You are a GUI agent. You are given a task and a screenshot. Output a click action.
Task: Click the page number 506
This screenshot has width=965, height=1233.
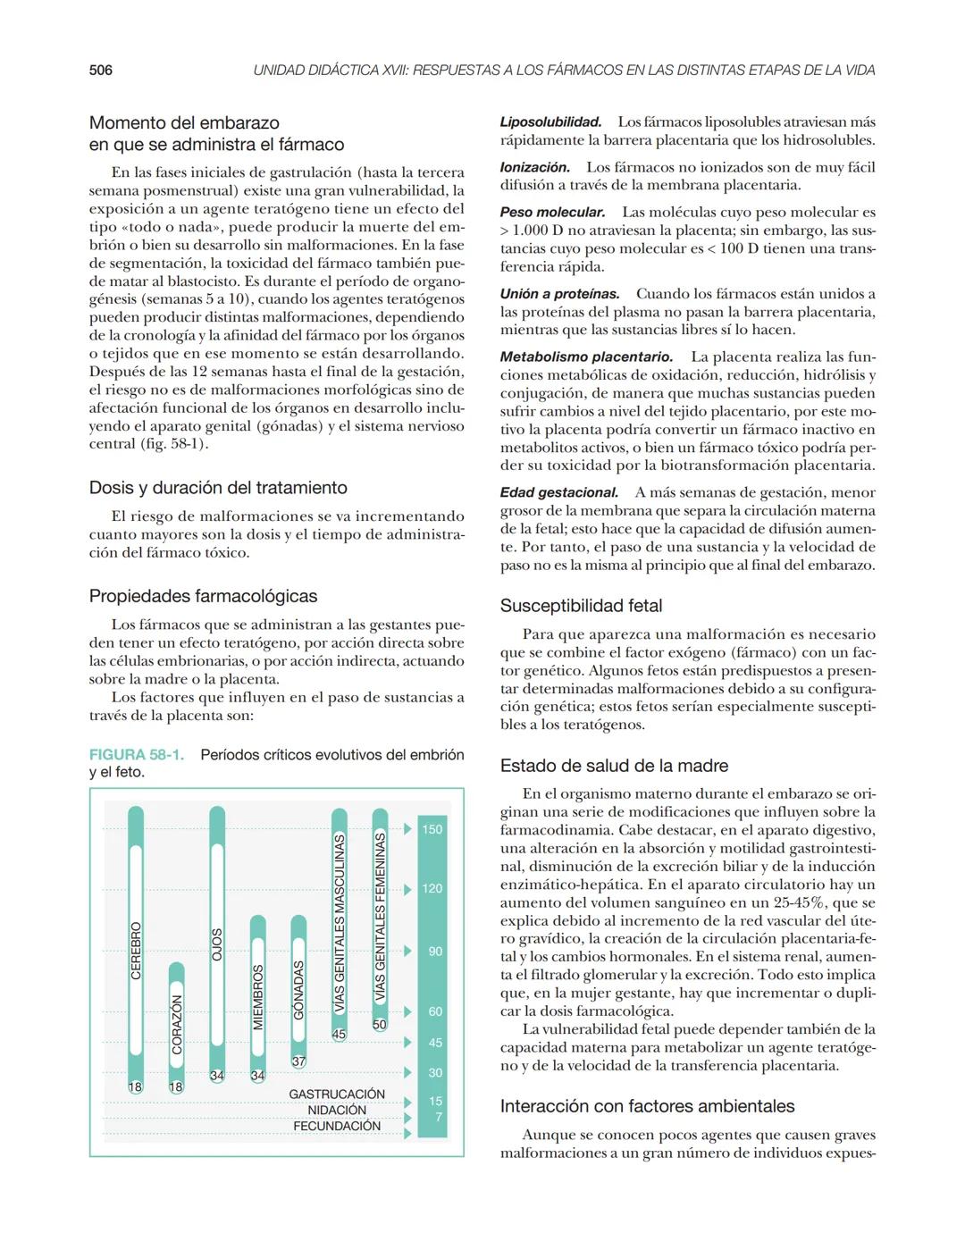[100, 70]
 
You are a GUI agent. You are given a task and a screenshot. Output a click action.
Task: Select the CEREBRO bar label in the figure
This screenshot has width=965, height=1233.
[136, 952]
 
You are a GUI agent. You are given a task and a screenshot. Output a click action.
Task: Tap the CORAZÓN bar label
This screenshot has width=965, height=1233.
[177, 1025]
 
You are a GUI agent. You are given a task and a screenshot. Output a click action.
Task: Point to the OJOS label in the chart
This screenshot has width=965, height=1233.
[217, 944]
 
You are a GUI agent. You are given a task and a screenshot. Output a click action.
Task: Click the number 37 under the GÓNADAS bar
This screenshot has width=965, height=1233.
[298, 1061]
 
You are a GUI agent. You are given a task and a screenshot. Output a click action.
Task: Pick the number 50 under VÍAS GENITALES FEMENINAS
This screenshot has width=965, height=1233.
[380, 1025]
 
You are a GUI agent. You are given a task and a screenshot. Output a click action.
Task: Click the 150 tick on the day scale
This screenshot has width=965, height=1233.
[432, 829]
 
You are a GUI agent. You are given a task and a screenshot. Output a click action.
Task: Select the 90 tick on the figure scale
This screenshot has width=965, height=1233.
[435, 952]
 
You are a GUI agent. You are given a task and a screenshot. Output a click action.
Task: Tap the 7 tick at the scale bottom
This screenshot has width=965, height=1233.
[438, 1117]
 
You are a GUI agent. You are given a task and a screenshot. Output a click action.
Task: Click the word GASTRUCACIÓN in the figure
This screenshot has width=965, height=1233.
[337, 1094]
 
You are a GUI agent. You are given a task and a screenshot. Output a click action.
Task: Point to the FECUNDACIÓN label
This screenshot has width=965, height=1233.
[337, 1126]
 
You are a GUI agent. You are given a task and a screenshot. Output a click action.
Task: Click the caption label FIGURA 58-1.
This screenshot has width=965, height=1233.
[137, 754]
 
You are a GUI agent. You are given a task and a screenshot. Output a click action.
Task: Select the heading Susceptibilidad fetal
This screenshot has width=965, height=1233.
[581, 606]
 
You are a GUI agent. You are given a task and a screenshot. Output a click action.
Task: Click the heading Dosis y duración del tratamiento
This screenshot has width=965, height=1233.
[218, 488]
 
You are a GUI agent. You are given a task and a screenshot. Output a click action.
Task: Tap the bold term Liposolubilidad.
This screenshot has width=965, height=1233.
[550, 122]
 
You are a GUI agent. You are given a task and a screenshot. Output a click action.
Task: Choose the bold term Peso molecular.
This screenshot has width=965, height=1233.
[552, 213]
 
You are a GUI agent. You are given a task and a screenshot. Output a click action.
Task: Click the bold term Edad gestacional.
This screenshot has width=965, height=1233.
[558, 492]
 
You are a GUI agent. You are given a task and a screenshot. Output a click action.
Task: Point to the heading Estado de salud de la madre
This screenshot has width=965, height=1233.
[614, 766]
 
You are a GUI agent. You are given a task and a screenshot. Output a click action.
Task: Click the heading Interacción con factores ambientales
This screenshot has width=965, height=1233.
[647, 1106]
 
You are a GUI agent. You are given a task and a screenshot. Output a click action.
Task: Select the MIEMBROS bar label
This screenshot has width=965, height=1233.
[258, 997]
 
